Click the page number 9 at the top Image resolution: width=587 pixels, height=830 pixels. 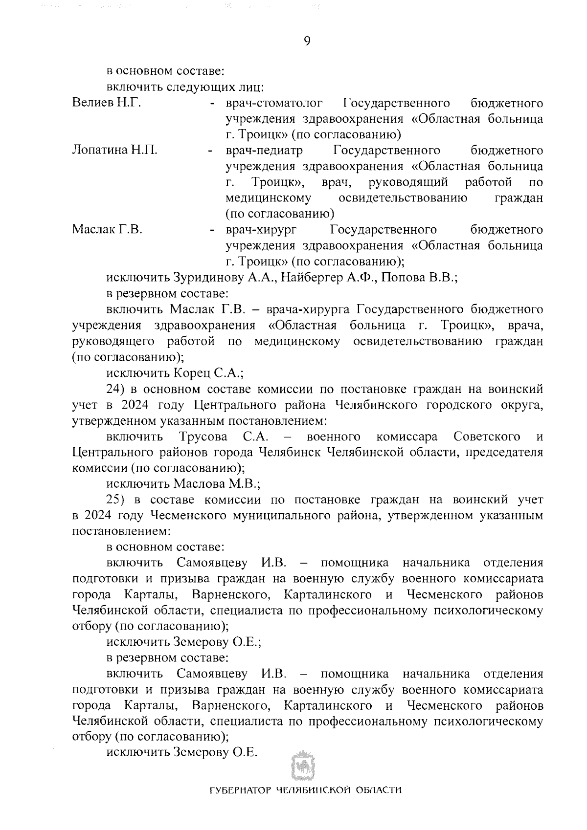[307, 41]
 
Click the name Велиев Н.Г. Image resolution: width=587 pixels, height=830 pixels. [107, 103]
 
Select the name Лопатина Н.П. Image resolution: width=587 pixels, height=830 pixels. [114, 150]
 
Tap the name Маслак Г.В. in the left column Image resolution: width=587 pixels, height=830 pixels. [107, 229]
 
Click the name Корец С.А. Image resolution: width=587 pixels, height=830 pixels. [208, 373]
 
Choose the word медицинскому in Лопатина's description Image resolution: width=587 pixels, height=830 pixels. [268, 198]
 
